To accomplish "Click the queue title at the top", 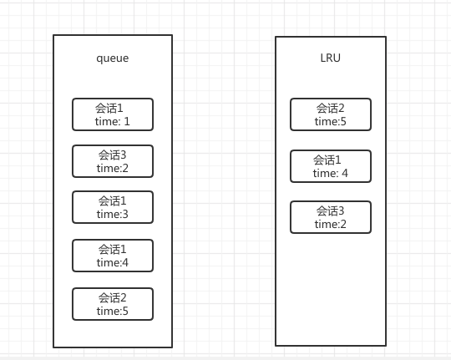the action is pyautogui.click(x=113, y=58).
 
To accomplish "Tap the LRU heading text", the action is pyautogui.click(x=331, y=58).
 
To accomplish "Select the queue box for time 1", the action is pyautogui.click(x=113, y=114).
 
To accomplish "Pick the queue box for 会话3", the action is pyautogui.click(x=113, y=161).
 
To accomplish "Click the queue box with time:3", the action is pyautogui.click(x=113, y=207).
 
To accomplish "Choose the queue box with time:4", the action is pyautogui.click(x=113, y=256).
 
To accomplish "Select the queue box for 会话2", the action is pyautogui.click(x=113, y=304).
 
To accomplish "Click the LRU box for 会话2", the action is pyautogui.click(x=331, y=114).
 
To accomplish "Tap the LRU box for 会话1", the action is pyautogui.click(x=331, y=166).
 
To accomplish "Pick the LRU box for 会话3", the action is pyautogui.click(x=331, y=217).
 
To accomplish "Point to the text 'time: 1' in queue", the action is pyautogui.click(x=113, y=121).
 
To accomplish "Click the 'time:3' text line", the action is pyautogui.click(x=113, y=214).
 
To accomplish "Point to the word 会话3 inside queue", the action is pyautogui.click(x=112, y=155).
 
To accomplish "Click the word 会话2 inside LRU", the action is pyautogui.click(x=330, y=109).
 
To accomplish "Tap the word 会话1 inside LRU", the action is pyautogui.click(x=327, y=160).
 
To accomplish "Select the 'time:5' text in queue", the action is pyautogui.click(x=113, y=311).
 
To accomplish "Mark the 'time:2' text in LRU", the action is pyautogui.click(x=331, y=224).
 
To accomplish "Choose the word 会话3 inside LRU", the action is pyautogui.click(x=330, y=211).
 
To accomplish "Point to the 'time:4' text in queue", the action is pyautogui.click(x=113, y=262).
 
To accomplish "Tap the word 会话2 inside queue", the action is pyautogui.click(x=112, y=297).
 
